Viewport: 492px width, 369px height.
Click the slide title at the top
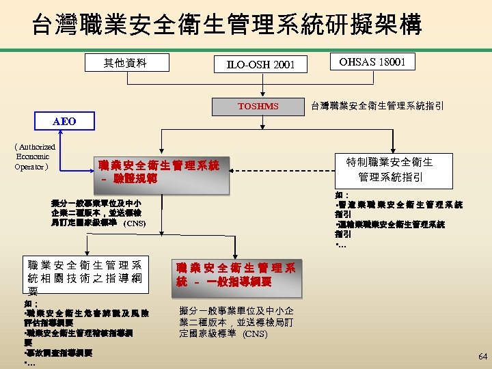tap(227, 25)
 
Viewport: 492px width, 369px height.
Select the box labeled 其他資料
tap(125, 64)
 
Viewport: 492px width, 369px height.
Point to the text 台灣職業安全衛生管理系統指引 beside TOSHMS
tap(377, 106)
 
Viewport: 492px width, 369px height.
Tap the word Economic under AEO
tap(31, 156)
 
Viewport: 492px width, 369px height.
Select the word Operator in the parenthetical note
tap(29, 166)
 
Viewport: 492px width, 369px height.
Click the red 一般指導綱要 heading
tap(235, 275)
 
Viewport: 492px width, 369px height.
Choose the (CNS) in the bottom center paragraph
tap(255, 334)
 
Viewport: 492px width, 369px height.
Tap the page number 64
tap(482, 356)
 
